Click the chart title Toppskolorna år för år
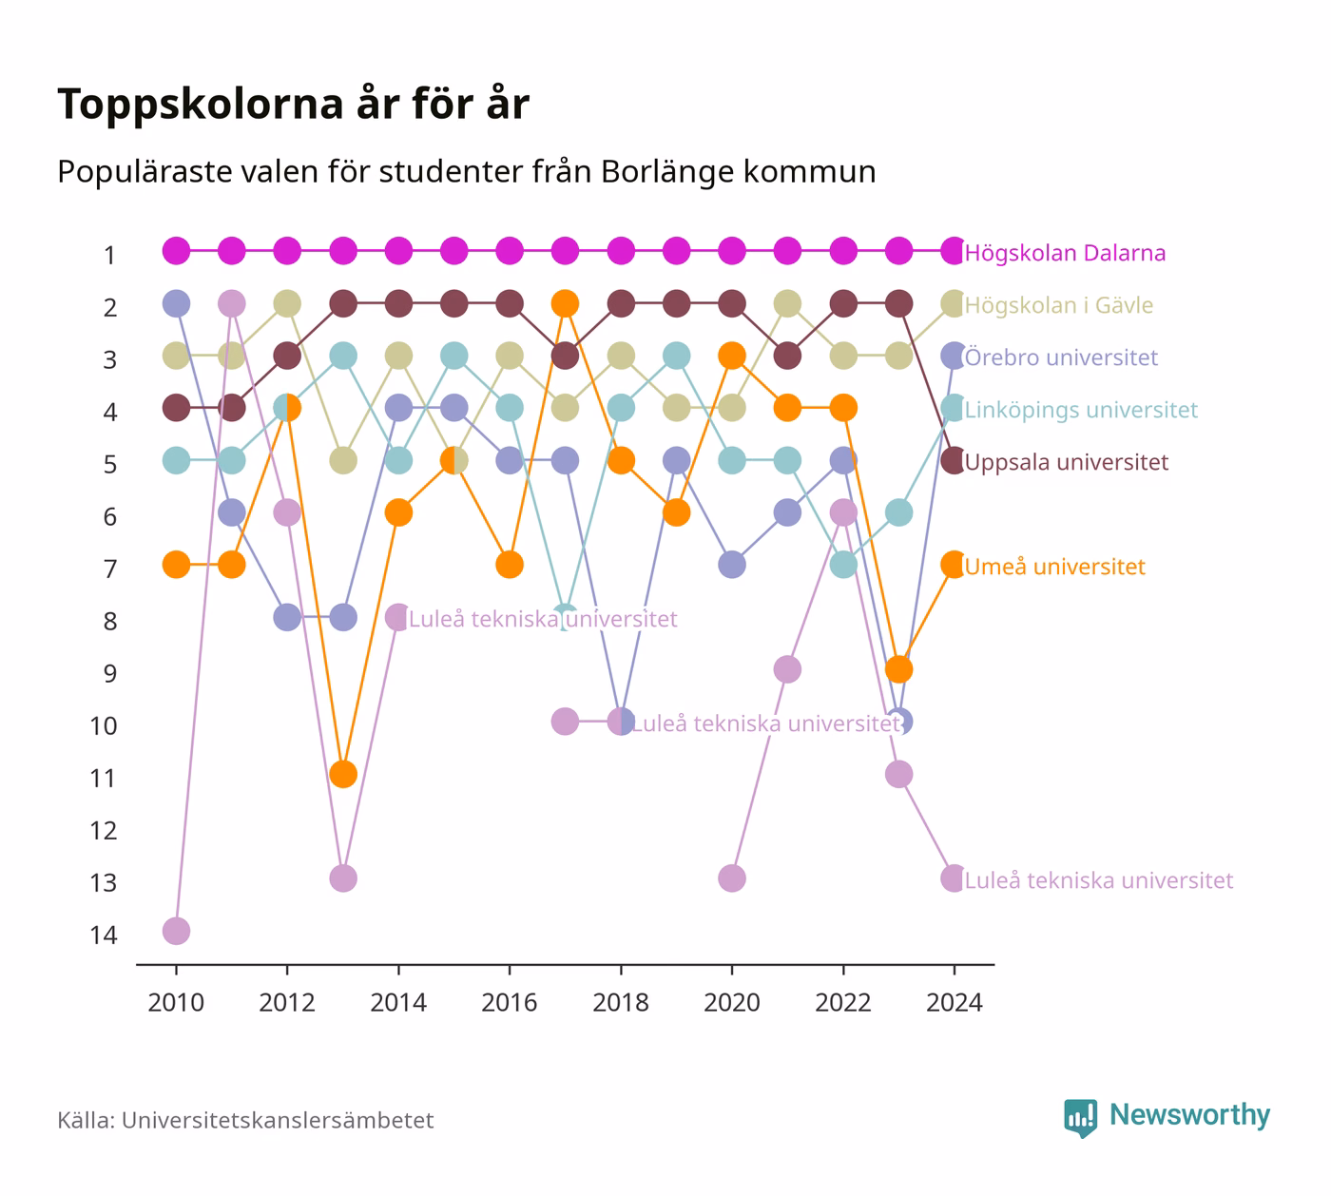(x=293, y=104)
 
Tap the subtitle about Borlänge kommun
(x=467, y=171)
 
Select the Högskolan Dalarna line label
(x=1065, y=253)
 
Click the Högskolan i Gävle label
(x=1058, y=305)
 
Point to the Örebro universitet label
(x=1061, y=357)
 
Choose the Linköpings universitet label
(x=1081, y=410)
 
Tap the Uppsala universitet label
(x=1067, y=462)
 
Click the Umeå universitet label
(x=1054, y=567)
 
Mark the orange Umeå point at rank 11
(x=343, y=774)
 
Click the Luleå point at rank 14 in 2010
(x=176, y=931)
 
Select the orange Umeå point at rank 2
(x=565, y=303)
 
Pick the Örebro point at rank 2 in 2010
(x=176, y=303)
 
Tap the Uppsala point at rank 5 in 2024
(x=954, y=461)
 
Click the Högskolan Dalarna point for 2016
(x=510, y=251)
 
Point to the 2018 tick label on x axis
(x=621, y=1003)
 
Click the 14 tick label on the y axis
(x=103, y=936)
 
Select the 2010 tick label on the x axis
(x=176, y=1003)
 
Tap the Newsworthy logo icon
(x=1081, y=1118)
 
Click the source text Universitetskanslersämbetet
(x=278, y=1121)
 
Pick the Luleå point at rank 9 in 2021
(x=787, y=669)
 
